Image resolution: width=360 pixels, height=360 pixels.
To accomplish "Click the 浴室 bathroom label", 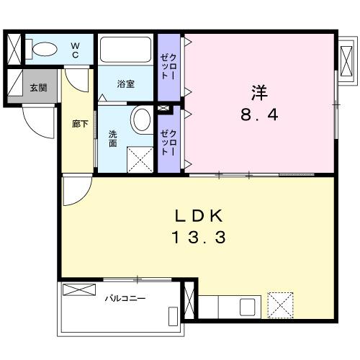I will coord(125,84).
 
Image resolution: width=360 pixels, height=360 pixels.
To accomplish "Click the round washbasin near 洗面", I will coord(142,118).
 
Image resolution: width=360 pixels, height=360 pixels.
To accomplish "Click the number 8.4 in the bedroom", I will coord(258,114).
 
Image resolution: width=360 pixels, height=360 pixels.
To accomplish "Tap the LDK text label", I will coord(199,217).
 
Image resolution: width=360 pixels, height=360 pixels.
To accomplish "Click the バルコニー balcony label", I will coord(120,297).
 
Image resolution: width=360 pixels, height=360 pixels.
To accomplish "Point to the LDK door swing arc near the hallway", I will coord(74,193).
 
